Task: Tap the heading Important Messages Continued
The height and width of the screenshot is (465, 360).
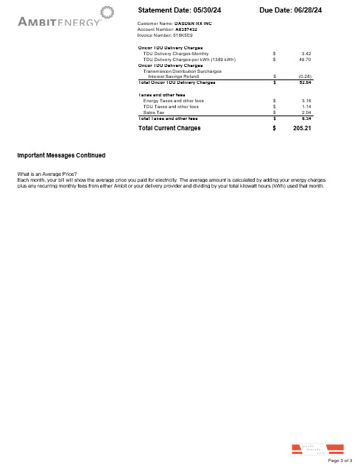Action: (61, 156)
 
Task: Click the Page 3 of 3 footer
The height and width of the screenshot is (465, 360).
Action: (340, 460)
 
